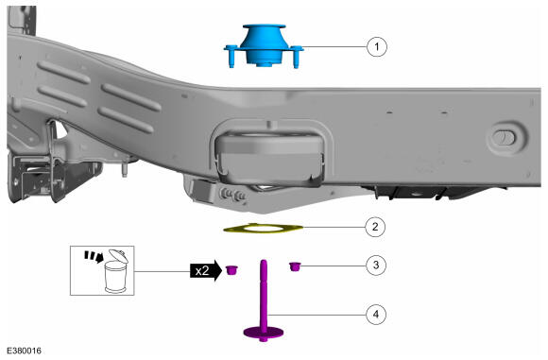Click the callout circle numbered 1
(x=377, y=46)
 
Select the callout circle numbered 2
(x=375, y=227)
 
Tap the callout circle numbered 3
(x=376, y=265)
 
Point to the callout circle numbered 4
(x=376, y=314)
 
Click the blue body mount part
(x=264, y=45)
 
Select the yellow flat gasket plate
(x=263, y=229)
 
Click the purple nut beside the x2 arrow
(x=231, y=270)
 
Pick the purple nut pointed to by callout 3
(x=295, y=266)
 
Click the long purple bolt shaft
(x=264, y=294)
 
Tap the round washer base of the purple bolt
(x=264, y=333)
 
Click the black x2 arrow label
(x=206, y=270)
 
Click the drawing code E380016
(x=25, y=351)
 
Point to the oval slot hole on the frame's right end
(x=504, y=138)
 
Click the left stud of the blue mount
(x=231, y=57)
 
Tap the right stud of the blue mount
(x=296, y=57)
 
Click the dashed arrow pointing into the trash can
(x=94, y=256)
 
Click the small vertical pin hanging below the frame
(x=124, y=169)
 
